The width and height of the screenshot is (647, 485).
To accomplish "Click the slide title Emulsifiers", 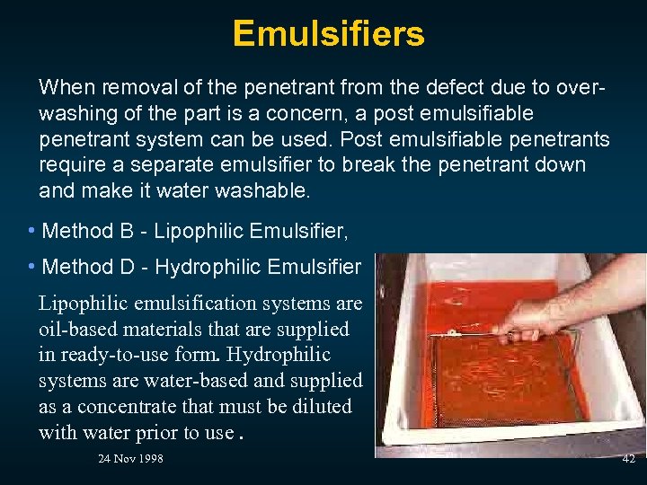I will tap(328, 34).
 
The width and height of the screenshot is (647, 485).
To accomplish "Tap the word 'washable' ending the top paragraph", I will tap(270, 191).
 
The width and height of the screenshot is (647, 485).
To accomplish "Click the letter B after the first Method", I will tap(126, 232).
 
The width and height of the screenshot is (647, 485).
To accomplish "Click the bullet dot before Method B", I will tap(31, 232).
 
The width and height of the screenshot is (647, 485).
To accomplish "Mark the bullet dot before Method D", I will tap(31, 267).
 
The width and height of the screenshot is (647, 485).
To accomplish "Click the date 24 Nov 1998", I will tap(130, 460).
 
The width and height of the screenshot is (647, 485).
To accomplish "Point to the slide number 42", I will tap(628, 459).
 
